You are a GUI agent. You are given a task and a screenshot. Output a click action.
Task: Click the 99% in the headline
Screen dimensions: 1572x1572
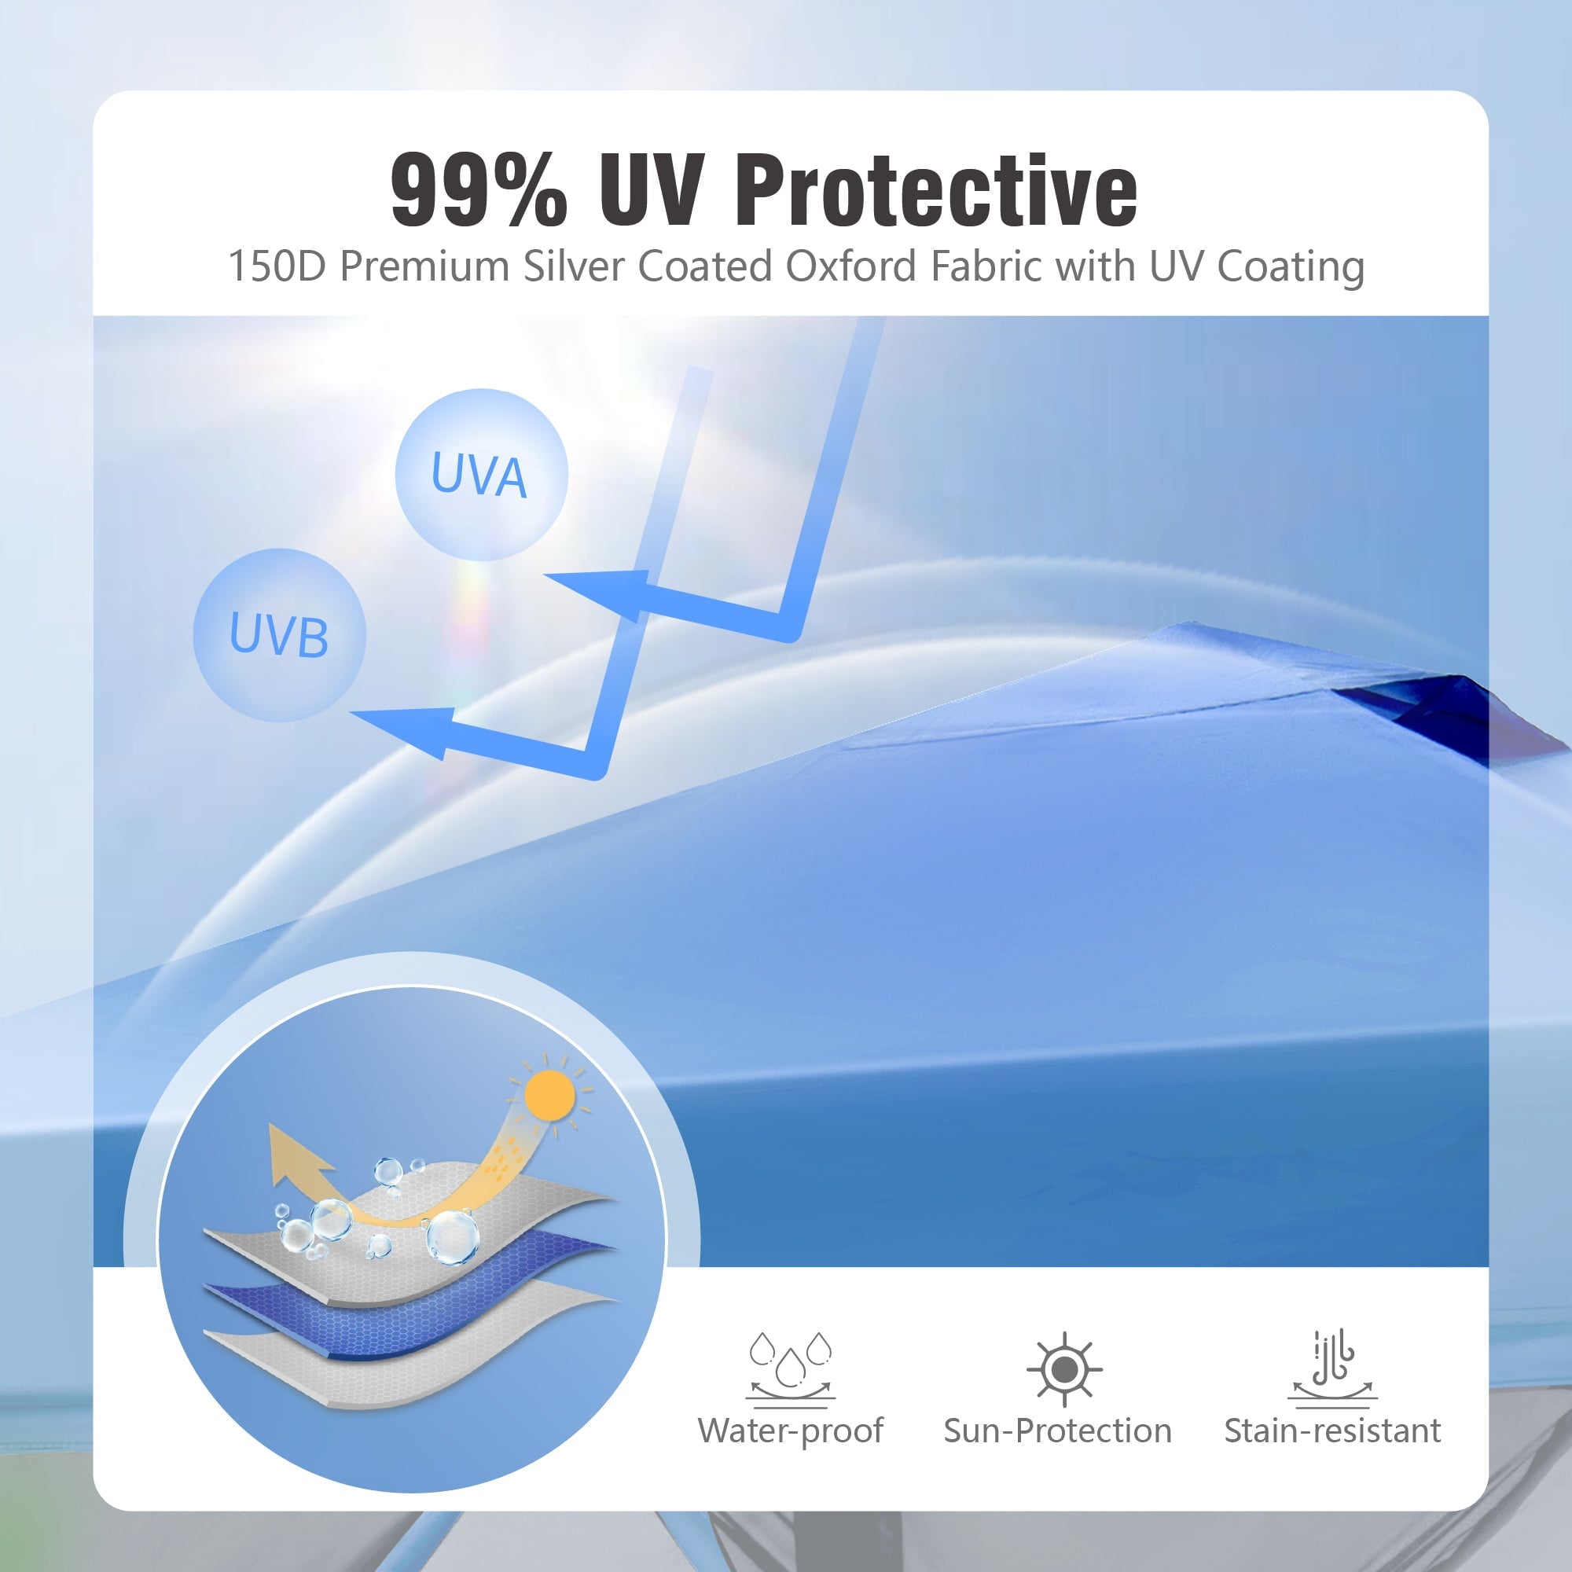pyautogui.click(x=479, y=190)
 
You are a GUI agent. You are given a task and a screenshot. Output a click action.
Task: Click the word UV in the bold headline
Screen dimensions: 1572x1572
pyautogui.click(x=651, y=190)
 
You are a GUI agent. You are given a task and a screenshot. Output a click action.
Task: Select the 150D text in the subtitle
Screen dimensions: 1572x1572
pyautogui.click(x=277, y=266)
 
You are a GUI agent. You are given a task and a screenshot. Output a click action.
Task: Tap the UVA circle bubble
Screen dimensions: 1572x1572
pyautogui.click(x=481, y=475)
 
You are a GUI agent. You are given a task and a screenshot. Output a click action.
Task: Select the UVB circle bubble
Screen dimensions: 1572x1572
pyautogui.click(x=279, y=634)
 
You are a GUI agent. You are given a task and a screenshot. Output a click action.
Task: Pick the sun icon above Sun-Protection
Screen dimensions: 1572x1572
pyautogui.click(x=1064, y=1369)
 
